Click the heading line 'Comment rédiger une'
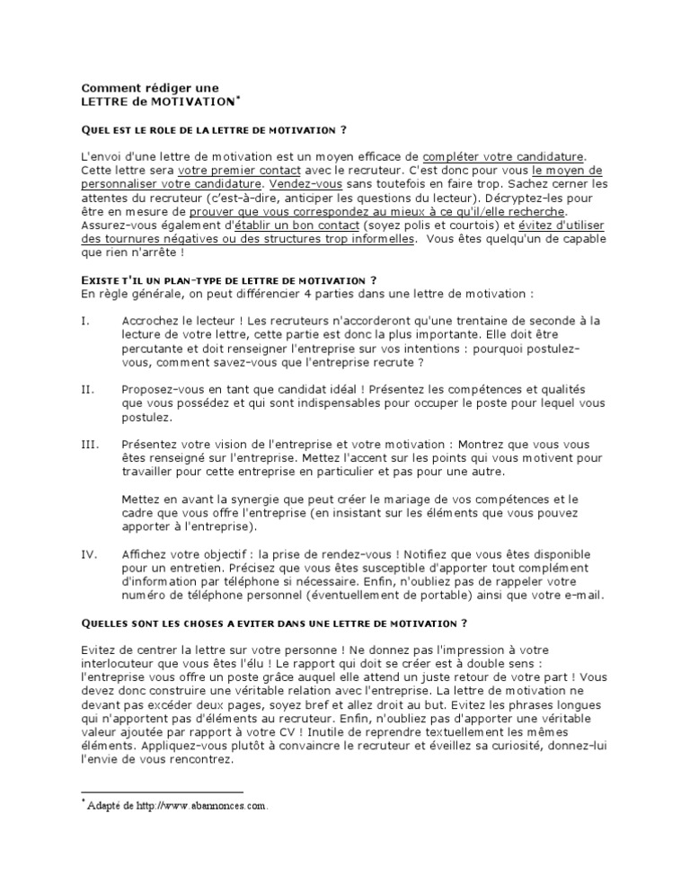tap(150, 88)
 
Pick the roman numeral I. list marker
tap(86, 320)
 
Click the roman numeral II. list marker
tap(88, 390)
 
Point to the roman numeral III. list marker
tap(90, 444)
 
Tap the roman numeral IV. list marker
tap(89, 555)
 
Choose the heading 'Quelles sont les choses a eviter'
tap(273, 622)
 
